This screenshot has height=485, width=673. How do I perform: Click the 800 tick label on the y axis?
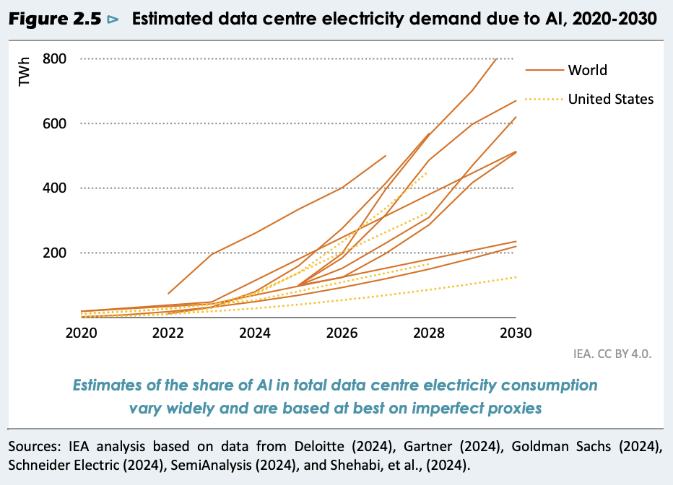coord(56,58)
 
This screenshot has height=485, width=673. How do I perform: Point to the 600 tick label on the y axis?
coord(56,123)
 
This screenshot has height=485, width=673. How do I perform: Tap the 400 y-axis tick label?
coord(56,188)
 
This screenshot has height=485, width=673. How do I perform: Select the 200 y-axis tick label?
coord(56,253)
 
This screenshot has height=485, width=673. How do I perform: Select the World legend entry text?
coord(587,70)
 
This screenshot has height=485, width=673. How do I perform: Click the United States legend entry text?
coord(610,99)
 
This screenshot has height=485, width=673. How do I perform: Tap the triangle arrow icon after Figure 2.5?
coord(112,20)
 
